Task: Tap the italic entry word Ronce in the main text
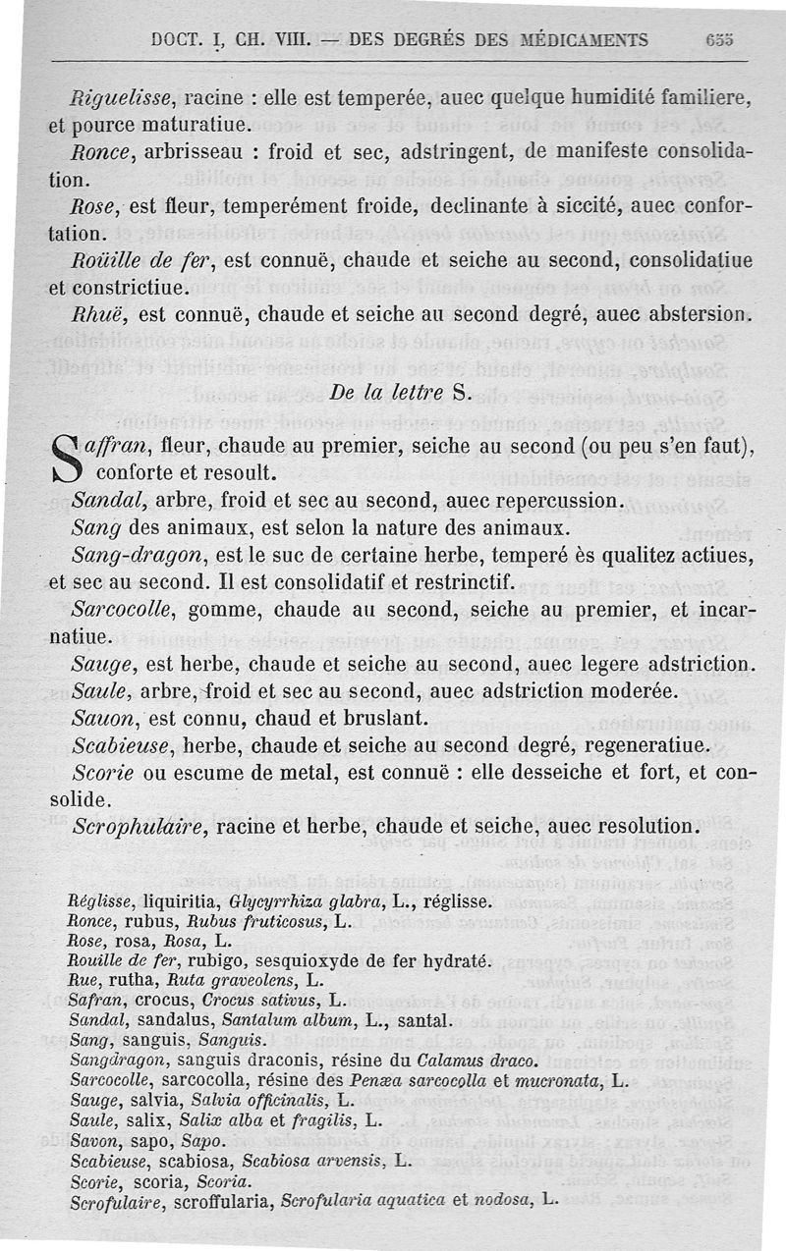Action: click(x=99, y=153)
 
